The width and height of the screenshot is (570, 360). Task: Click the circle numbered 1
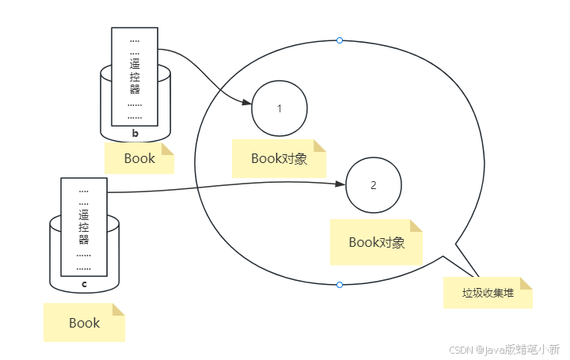(x=279, y=108)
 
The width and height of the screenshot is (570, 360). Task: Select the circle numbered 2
(x=374, y=185)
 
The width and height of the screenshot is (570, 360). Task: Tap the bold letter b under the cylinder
(x=135, y=133)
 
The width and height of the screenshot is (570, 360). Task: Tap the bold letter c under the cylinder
(x=85, y=282)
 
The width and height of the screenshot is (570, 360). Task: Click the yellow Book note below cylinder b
(x=139, y=158)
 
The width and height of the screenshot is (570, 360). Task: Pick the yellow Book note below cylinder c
(x=84, y=323)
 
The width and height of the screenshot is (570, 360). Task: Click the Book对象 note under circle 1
(x=279, y=158)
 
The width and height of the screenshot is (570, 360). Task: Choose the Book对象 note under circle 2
(x=377, y=242)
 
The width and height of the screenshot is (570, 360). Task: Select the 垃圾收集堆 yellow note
(x=488, y=293)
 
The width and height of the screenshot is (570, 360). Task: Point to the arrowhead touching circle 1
(x=247, y=104)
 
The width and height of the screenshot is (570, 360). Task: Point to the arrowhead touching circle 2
(x=341, y=184)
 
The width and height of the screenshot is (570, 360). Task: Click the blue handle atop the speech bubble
(x=340, y=40)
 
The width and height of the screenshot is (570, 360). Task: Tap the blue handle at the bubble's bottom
(x=340, y=284)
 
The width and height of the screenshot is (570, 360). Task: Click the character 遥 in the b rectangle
(x=135, y=65)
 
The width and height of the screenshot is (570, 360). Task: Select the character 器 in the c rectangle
(x=84, y=240)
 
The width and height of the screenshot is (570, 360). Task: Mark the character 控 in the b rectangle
(x=135, y=78)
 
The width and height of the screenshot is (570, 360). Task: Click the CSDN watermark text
(x=504, y=349)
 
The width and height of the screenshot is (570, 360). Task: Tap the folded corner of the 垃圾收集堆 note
(x=526, y=283)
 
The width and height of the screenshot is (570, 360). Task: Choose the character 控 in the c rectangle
(x=84, y=227)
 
